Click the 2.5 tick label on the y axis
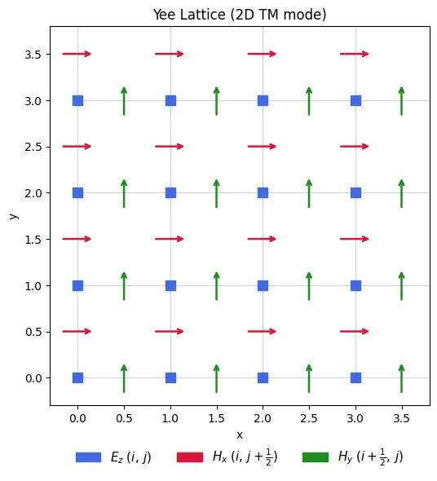pyautogui.click(x=33, y=147)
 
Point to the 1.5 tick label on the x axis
pyautogui.click(x=216, y=418)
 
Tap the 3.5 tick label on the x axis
pyautogui.click(x=401, y=418)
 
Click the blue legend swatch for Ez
pyautogui.click(x=88, y=457)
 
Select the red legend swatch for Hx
pyautogui.click(x=190, y=457)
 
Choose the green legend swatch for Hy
pyautogui.click(x=316, y=457)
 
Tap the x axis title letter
pyautogui.click(x=240, y=435)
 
